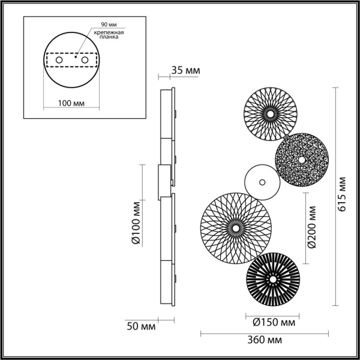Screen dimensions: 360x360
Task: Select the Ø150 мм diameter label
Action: [x=270, y=322]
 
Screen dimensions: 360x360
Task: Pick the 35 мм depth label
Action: [x=185, y=71]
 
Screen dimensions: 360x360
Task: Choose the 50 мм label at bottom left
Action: [x=141, y=326]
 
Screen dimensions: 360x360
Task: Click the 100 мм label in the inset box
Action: [x=71, y=103]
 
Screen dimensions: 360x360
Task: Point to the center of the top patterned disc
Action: [x=269, y=112]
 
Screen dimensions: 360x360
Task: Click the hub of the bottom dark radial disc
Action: [x=273, y=279]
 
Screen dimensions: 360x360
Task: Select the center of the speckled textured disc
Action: [x=301, y=160]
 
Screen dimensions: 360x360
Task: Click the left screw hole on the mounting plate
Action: [x=59, y=61]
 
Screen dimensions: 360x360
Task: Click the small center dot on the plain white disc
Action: [x=262, y=181]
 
